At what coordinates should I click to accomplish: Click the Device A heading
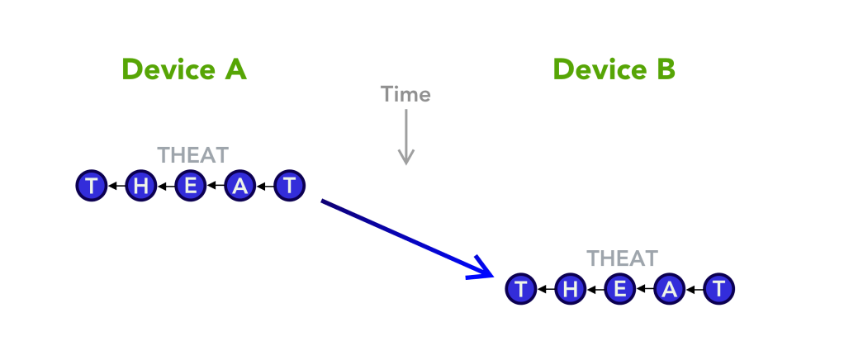tap(183, 69)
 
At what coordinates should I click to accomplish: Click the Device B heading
tap(614, 69)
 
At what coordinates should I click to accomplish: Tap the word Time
tap(405, 94)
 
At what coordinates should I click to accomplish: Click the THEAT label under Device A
tap(192, 154)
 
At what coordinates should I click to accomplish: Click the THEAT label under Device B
tap(622, 258)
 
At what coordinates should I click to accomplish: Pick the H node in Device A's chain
tap(141, 186)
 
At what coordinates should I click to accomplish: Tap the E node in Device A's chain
tap(191, 186)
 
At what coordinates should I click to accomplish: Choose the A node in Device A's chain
tap(240, 186)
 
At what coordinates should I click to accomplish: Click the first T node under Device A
tap(92, 186)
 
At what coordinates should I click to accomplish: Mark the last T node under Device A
tap(289, 186)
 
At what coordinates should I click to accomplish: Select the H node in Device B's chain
tap(571, 290)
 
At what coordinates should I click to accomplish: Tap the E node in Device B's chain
tap(620, 290)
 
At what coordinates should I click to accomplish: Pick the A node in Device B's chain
tap(670, 290)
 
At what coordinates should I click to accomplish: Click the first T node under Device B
tap(521, 290)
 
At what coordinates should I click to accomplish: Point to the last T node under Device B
tap(718, 290)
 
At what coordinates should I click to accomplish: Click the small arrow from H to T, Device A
tap(116, 187)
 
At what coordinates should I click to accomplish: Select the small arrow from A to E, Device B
tap(645, 291)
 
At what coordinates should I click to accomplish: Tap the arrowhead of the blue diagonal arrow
tap(483, 271)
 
